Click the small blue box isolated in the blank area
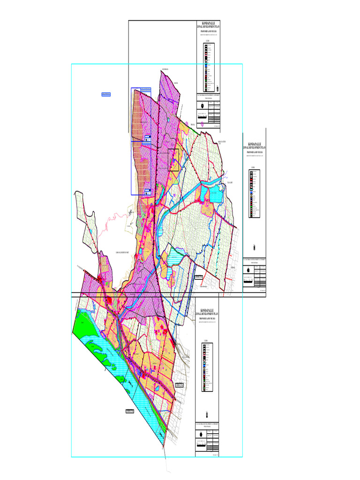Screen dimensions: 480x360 click(x=106, y=95)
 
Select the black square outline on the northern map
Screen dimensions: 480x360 click(x=173, y=159)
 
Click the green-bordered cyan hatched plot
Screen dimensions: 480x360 click(x=174, y=256)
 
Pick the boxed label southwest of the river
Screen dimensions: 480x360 click(x=130, y=411)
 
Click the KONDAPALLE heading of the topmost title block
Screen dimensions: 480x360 click(x=207, y=22)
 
